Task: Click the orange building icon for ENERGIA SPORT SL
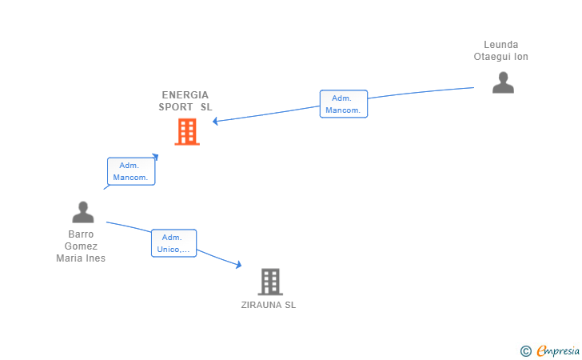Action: coord(187,132)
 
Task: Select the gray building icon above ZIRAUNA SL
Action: coord(270,282)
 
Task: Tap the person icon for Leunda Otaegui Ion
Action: coord(503,83)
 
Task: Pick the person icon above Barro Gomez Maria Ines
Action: coord(83,212)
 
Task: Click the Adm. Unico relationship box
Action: coord(173,243)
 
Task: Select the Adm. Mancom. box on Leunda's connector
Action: coord(344,104)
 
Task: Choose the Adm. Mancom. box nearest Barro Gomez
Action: coord(131,171)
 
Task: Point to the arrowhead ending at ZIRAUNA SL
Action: coord(238,265)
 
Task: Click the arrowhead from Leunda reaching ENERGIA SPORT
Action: coord(216,122)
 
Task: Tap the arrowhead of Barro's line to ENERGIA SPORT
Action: coord(156,157)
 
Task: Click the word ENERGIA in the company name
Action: coord(185,94)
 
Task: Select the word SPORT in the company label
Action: coord(176,106)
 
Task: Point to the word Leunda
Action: coord(501,45)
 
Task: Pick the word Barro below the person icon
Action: coord(81,234)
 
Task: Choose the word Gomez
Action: coord(81,246)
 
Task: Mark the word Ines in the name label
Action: coord(96,258)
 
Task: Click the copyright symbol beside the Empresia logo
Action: coord(525,350)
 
